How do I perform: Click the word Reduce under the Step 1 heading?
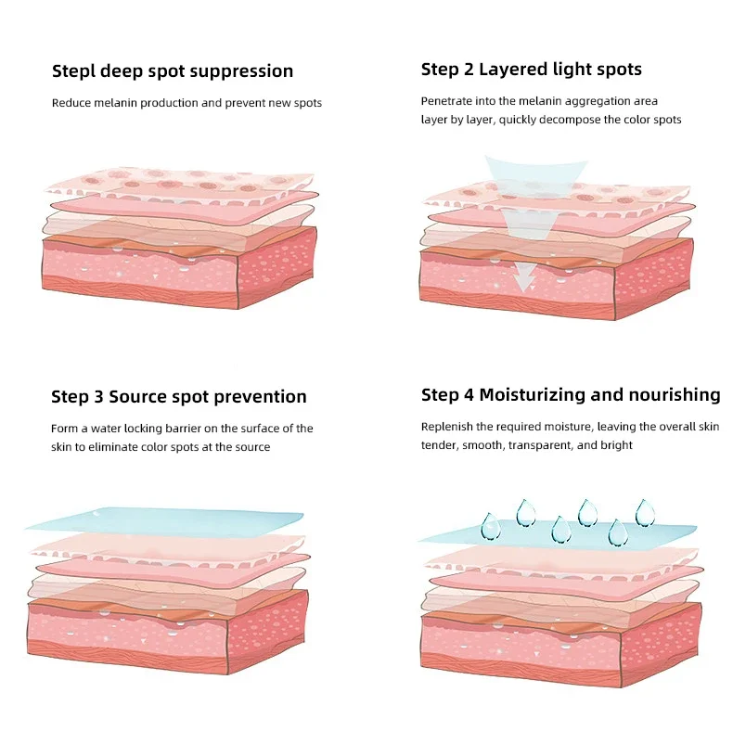71,103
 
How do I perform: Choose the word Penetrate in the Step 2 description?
447,100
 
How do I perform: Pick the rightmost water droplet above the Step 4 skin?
644,512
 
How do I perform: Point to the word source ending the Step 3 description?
251,447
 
